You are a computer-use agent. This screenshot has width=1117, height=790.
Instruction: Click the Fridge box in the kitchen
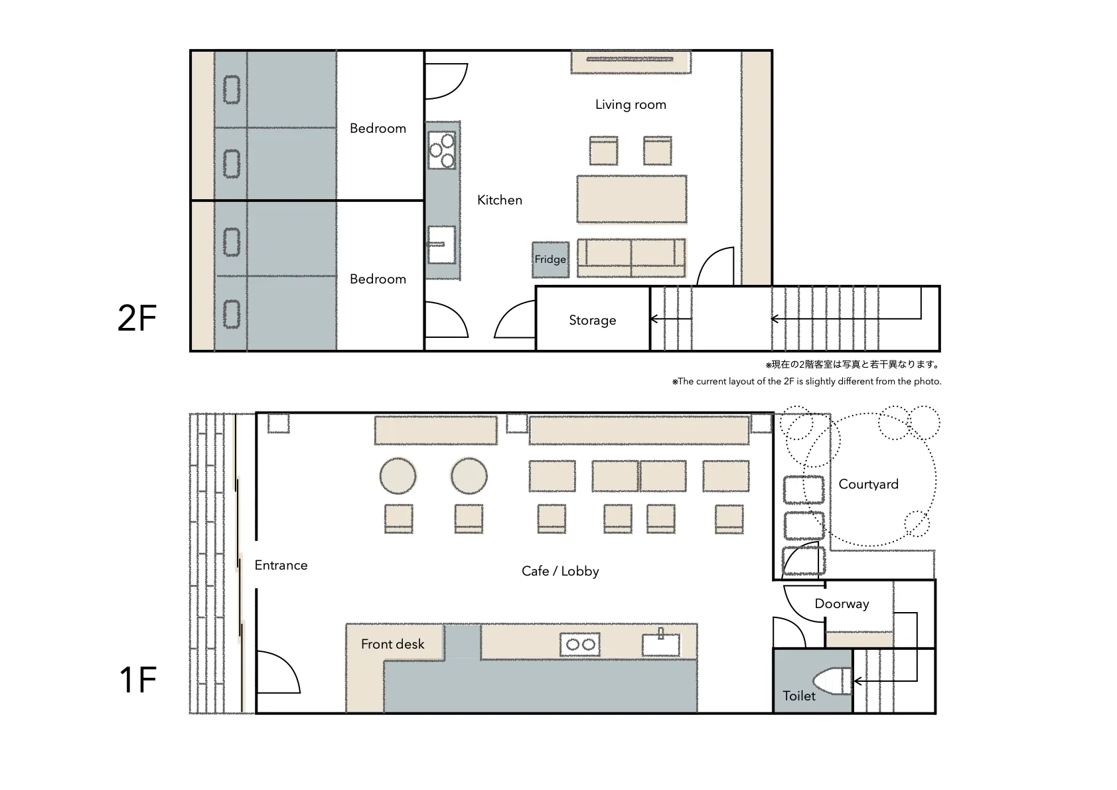(x=550, y=260)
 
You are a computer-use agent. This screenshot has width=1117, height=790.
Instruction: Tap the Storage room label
(x=593, y=320)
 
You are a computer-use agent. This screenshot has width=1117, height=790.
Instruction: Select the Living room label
(x=631, y=105)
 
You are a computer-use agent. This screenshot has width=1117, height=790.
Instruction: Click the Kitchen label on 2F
(x=500, y=200)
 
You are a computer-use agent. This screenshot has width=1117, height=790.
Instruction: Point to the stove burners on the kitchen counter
(x=442, y=150)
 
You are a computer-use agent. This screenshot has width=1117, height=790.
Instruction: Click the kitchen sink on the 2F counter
(x=442, y=244)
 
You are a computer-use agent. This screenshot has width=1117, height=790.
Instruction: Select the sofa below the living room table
(x=631, y=258)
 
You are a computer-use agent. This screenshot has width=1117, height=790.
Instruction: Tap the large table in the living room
(x=632, y=199)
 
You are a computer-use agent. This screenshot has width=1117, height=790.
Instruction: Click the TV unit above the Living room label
(x=631, y=61)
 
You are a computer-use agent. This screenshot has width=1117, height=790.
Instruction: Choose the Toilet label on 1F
(x=799, y=696)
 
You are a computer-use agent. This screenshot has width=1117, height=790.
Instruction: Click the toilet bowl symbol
(x=832, y=680)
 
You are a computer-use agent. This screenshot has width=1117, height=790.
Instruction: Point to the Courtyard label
(x=868, y=484)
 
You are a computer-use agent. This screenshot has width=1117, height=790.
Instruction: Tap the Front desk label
(x=392, y=644)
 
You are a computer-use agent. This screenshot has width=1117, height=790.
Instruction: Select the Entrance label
(x=281, y=565)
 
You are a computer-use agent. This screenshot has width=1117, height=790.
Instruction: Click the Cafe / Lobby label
(x=560, y=571)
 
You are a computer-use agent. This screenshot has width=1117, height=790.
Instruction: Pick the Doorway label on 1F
(x=842, y=604)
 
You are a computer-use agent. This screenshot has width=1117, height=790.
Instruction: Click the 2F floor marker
(x=137, y=318)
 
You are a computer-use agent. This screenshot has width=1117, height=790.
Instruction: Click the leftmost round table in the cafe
(x=398, y=476)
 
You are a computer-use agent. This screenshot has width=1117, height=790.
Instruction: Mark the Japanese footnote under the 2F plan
(x=853, y=364)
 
